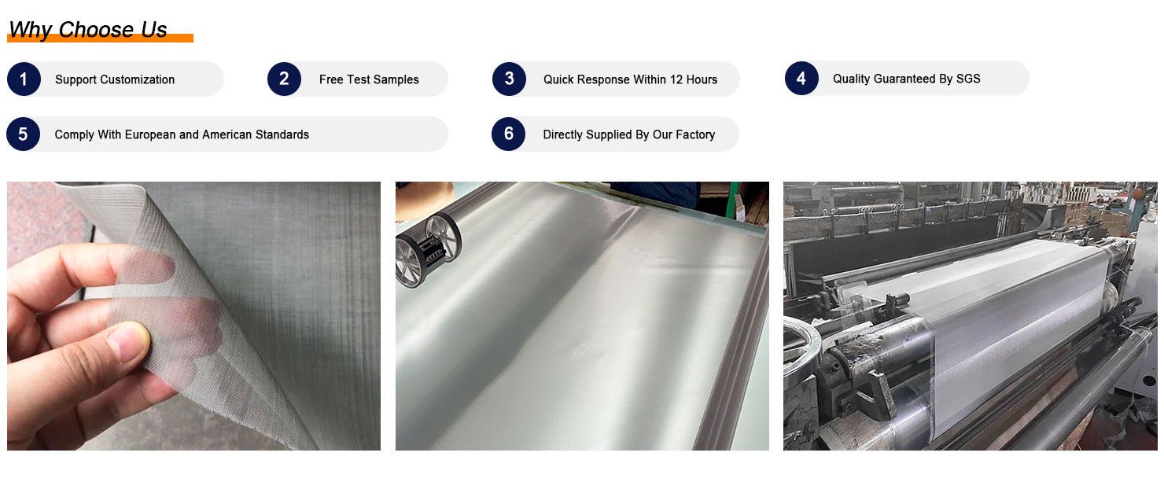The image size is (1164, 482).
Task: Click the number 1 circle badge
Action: tap(24, 79)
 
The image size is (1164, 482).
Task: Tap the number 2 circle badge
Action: tap(284, 79)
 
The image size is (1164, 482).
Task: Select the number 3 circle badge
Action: tap(510, 79)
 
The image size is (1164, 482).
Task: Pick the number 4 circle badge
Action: tap(801, 79)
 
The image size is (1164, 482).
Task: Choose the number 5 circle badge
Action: tap(24, 134)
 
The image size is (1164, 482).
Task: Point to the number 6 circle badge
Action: tap(509, 134)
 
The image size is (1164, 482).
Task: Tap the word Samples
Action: tap(396, 80)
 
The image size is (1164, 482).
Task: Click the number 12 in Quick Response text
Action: tap(676, 79)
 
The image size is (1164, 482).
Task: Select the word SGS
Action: tap(968, 79)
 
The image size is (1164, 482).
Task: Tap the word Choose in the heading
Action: tap(96, 30)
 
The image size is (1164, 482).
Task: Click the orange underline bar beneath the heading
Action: tap(100, 38)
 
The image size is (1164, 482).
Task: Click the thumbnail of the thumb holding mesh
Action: tap(193, 316)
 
